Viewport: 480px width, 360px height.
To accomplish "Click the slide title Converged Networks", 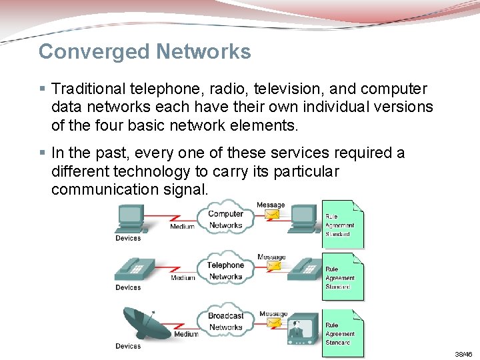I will click(x=145, y=52).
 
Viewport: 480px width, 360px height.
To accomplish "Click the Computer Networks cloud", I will click(x=225, y=219).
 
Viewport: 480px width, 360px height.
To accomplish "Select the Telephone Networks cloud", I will click(x=225, y=271).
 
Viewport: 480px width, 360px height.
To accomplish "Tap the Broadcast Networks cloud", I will click(x=225, y=321).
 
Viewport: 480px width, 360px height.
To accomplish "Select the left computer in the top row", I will click(x=131, y=218).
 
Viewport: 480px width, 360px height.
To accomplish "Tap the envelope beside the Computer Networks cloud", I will click(x=273, y=215).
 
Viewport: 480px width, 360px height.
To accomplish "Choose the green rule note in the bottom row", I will click(x=343, y=333).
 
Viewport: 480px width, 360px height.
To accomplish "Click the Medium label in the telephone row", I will click(x=183, y=278).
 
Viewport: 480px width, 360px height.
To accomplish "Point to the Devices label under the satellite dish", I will click(x=128, y=346).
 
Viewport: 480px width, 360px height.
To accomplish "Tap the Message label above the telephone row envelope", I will click(x=271, y=257).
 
